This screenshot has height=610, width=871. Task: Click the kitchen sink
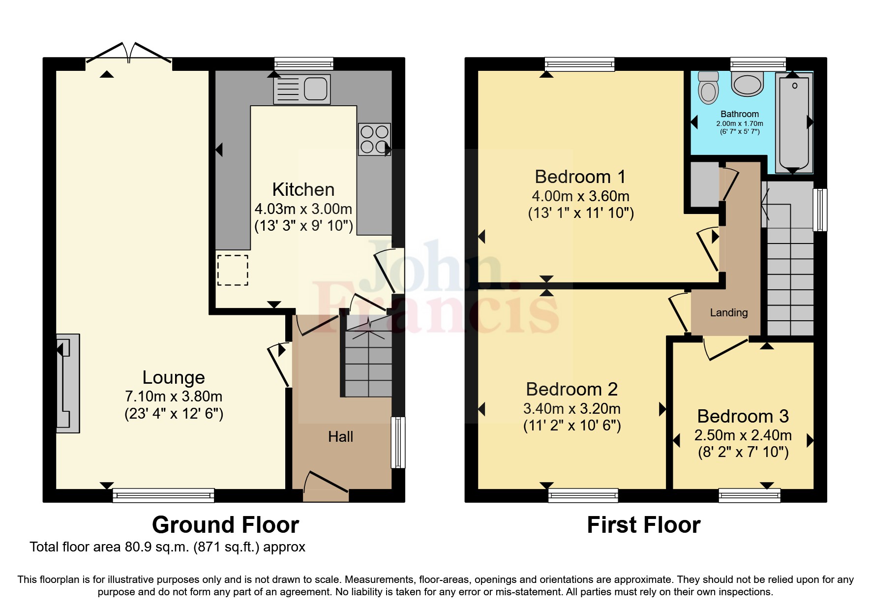tap(301, 90)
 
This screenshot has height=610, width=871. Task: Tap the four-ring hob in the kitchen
tap(374, 139)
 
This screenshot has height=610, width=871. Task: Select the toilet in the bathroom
tap(708, 88)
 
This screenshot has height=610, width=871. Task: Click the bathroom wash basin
tap(748, 84)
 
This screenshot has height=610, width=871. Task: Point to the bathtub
tap(793, 122)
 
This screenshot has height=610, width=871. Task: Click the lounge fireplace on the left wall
tap(68, 383)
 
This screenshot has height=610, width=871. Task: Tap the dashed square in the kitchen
tap(233, 270)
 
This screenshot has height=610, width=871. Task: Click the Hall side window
tap(398, 442)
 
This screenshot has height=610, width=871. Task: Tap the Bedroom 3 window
tap(749, 495)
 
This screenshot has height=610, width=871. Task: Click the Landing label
tap(728, 312)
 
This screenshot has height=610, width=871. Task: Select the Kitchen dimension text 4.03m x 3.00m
tap(303, 209)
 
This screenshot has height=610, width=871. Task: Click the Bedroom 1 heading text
tap(580, 177)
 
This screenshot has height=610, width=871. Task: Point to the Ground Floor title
tap(225, 525)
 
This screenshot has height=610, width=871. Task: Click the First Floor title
tap(643, 525)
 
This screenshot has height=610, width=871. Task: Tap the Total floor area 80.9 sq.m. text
tap(167, 547)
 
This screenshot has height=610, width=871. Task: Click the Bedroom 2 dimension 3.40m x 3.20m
tap(571, 409)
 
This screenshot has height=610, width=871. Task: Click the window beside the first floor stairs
tap(819, 210)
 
